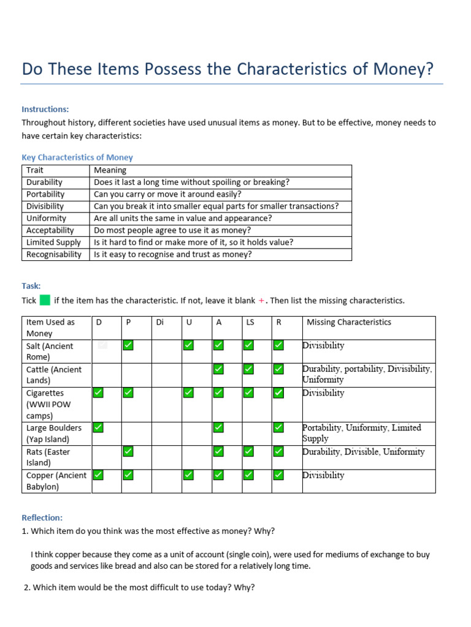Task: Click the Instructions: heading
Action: click(45, 109)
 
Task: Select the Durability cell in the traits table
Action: click(45, 182)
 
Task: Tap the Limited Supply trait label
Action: click(53, 242)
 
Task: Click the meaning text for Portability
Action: click(167, 194)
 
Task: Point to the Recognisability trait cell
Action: click(54, 254)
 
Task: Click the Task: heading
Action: click(31, 285)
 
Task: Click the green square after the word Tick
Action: click(45, 300)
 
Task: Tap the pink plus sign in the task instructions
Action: click(261, 300)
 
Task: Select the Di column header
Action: click(160, 322)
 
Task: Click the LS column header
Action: click(250, 322)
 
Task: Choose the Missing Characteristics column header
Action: click(348, 322)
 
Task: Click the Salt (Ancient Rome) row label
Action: click(50, 351)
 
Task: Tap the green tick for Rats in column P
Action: click(128, 451)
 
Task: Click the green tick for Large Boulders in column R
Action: click(278, 427)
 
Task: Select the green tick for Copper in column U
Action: click(188, 475)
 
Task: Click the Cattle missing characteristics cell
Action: click(367, 374)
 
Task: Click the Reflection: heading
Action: click(42, 517)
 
